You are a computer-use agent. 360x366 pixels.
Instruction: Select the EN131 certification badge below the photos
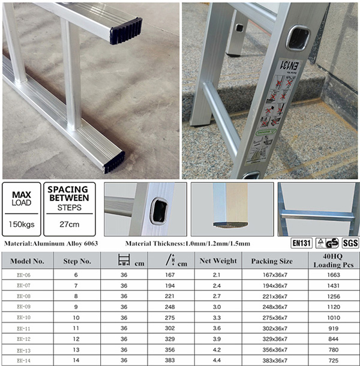(x=301, y=243)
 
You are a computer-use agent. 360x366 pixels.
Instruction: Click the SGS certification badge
(x=350, y=243)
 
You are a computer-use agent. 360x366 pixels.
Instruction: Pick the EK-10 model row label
(x=23, y=316)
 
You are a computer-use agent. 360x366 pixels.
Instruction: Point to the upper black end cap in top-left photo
(x=125, y=29)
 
